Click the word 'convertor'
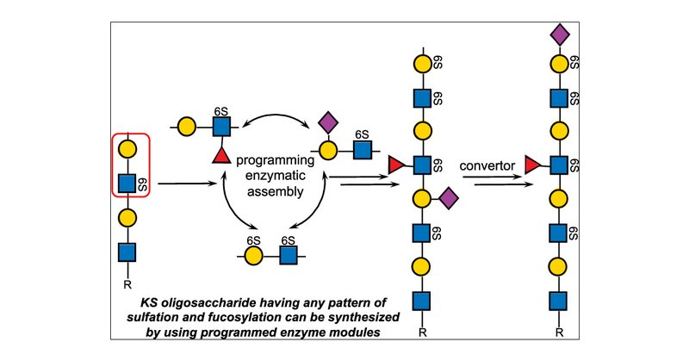487,166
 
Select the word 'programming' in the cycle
275,160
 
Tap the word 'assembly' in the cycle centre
275,191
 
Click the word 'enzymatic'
276,176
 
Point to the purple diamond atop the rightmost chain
559,35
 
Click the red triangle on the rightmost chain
532,165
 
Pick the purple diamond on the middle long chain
449,199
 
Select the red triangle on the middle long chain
395,165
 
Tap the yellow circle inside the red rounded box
127,150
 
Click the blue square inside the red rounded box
127,183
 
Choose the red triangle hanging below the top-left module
221,155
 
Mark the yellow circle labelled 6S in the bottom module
253,256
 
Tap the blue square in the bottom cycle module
289,256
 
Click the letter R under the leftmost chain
127,285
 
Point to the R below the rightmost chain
559,333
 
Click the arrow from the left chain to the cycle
187,184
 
